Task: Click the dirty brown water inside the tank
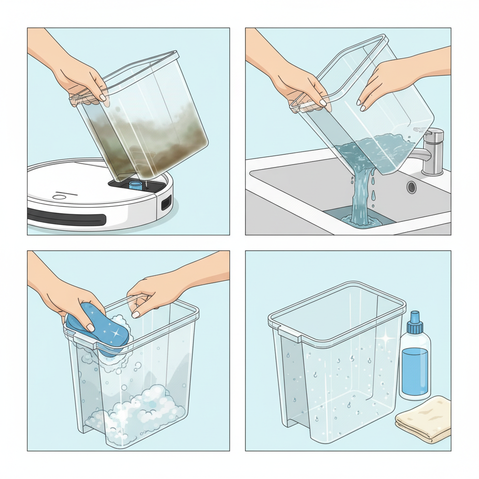154,136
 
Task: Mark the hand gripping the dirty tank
82,82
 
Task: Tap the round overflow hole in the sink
412,187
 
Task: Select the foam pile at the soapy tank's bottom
140,407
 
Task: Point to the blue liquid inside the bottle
414,370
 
